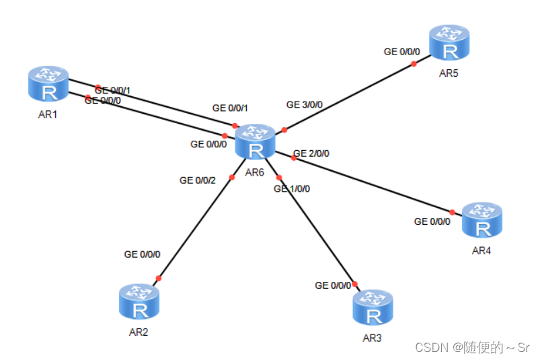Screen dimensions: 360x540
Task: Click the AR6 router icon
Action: (x=255, y=142)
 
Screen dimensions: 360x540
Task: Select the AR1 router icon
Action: (x=48, y=84)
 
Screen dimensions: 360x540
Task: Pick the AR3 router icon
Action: (x=373, y=308)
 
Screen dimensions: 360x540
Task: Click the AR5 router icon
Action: (x=449, y=42)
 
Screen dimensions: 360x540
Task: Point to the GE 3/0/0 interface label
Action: (x=304, y=105)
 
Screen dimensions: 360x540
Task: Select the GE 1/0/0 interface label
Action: (x=292, y=189)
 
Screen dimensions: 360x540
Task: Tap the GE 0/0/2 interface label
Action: (x=198, y=180)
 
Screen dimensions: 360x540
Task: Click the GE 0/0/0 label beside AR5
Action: (x=401, y=51)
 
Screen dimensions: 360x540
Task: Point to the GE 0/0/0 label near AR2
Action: (x=142, y=254)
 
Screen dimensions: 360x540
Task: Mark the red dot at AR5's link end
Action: (x=414, y=64)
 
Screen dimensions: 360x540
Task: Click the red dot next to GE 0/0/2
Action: (x=231, y=177)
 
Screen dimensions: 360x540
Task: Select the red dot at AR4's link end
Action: (x=452, y=212)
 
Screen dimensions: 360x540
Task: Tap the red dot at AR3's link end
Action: (x=354, y=284)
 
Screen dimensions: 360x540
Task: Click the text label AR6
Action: (x=254, y=172)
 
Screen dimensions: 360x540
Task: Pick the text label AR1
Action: (x=48, y=114)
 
